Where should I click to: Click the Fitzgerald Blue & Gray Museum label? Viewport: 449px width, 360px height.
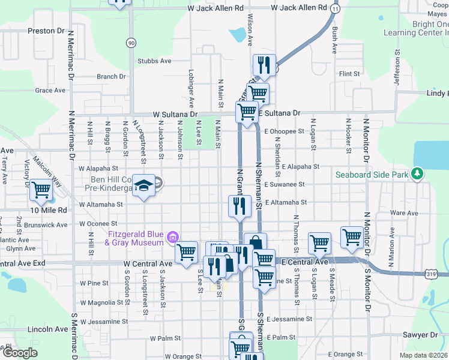136,238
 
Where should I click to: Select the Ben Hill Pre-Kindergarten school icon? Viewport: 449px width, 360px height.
143,185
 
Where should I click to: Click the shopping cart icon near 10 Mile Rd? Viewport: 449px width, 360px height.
41,190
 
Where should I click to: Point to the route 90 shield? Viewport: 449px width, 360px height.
131,43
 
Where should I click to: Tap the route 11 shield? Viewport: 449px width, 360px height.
335,9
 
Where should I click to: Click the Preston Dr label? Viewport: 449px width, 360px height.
46,30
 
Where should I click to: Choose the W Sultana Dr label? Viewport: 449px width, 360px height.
175,113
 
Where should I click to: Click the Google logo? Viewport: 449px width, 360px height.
20,353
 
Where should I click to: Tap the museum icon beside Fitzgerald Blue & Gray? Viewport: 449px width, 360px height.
173,238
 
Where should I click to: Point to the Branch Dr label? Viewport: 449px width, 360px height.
112,77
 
